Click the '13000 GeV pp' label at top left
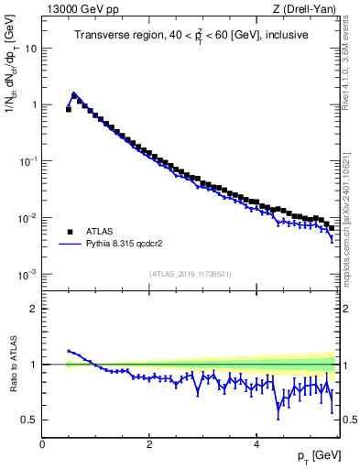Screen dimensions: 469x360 79,10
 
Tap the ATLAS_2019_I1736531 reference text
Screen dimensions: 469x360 190,274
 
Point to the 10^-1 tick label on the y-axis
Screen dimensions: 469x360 27,161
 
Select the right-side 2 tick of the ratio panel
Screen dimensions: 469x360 345,309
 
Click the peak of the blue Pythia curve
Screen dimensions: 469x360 74,93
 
